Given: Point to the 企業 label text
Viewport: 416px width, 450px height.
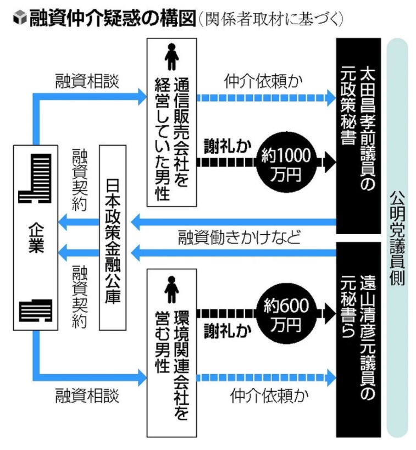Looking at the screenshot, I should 35,237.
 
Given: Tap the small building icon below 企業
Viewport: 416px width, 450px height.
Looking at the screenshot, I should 35,311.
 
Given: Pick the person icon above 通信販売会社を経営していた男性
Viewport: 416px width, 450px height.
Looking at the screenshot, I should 171,57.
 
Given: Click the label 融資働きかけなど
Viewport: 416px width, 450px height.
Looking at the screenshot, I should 240,238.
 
